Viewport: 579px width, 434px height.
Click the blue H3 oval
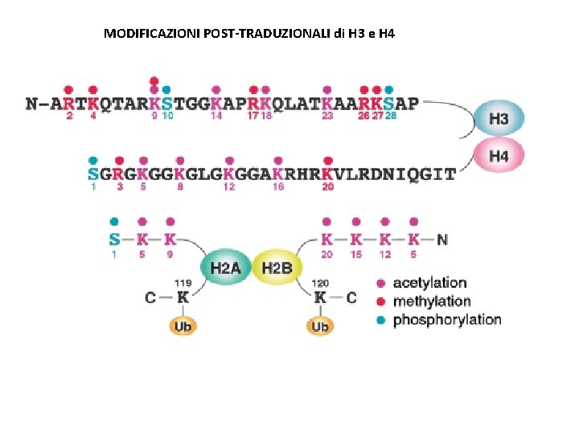tap(499, 120)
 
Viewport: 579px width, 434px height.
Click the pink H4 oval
tap(499, 156)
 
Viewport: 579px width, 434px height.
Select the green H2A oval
tap(225, 267)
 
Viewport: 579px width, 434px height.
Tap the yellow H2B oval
tap(277, 267)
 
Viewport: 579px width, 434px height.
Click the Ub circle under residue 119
tap(183, 326)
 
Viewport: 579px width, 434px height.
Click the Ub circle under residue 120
tap(320, 326)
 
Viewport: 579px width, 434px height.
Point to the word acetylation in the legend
tap(429, 283)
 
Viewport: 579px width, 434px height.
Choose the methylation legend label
tap(432, 301)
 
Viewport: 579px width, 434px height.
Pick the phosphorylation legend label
tap(447, 320)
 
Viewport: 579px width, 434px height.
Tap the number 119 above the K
tap(183, 283)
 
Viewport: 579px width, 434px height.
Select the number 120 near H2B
tap(320, 283)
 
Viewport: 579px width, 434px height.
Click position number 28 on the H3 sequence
tap(391, 116)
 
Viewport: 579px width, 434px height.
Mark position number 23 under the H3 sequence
tap(327, 116)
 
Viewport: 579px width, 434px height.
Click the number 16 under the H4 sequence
tap(278, 186)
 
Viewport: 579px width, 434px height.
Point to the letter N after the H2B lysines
tap(442, 239)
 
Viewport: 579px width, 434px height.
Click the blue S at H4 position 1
tap(93, 174)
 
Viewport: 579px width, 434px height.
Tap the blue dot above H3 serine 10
tap(166, 89)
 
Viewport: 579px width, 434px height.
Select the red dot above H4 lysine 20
tap(327, 161)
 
